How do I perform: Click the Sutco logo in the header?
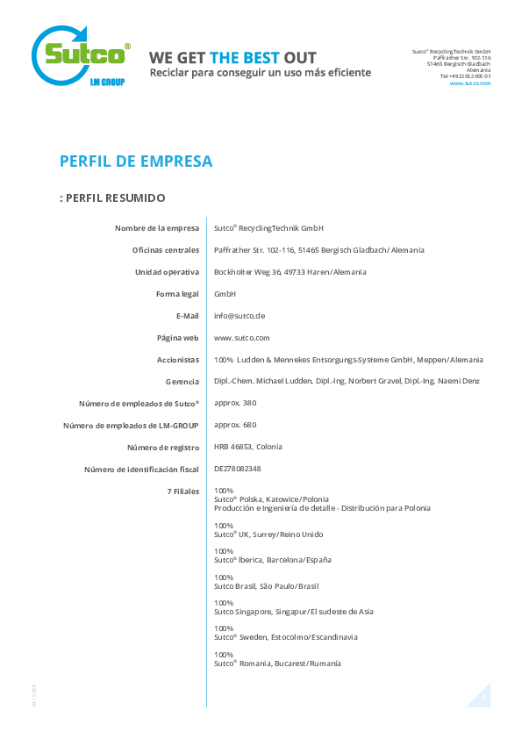coord(81,56)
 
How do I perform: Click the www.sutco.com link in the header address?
coord(469,83)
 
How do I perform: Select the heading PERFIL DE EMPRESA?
coord(136,161)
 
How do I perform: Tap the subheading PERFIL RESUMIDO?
coord(112,198)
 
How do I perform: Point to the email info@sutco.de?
coord(240,316)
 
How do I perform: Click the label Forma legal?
coord(177,294)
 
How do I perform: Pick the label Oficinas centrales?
coord(166,250)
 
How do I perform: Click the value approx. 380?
coord(235,403)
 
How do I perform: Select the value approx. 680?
coord(235,425)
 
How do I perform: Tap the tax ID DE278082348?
coord(238,469)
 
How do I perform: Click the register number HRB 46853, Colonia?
coord(248,447)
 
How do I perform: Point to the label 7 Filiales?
coord(183,491)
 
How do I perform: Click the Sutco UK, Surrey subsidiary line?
coord(268,535)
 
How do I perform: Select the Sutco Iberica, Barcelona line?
coord(273,560)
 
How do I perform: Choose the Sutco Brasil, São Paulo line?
coord(266,586)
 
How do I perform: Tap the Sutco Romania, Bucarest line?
coord(277,664)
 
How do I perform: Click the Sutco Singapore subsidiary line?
coord(294,612)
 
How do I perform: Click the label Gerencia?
coord(182,382)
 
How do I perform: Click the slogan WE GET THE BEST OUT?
coord(232,58)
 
